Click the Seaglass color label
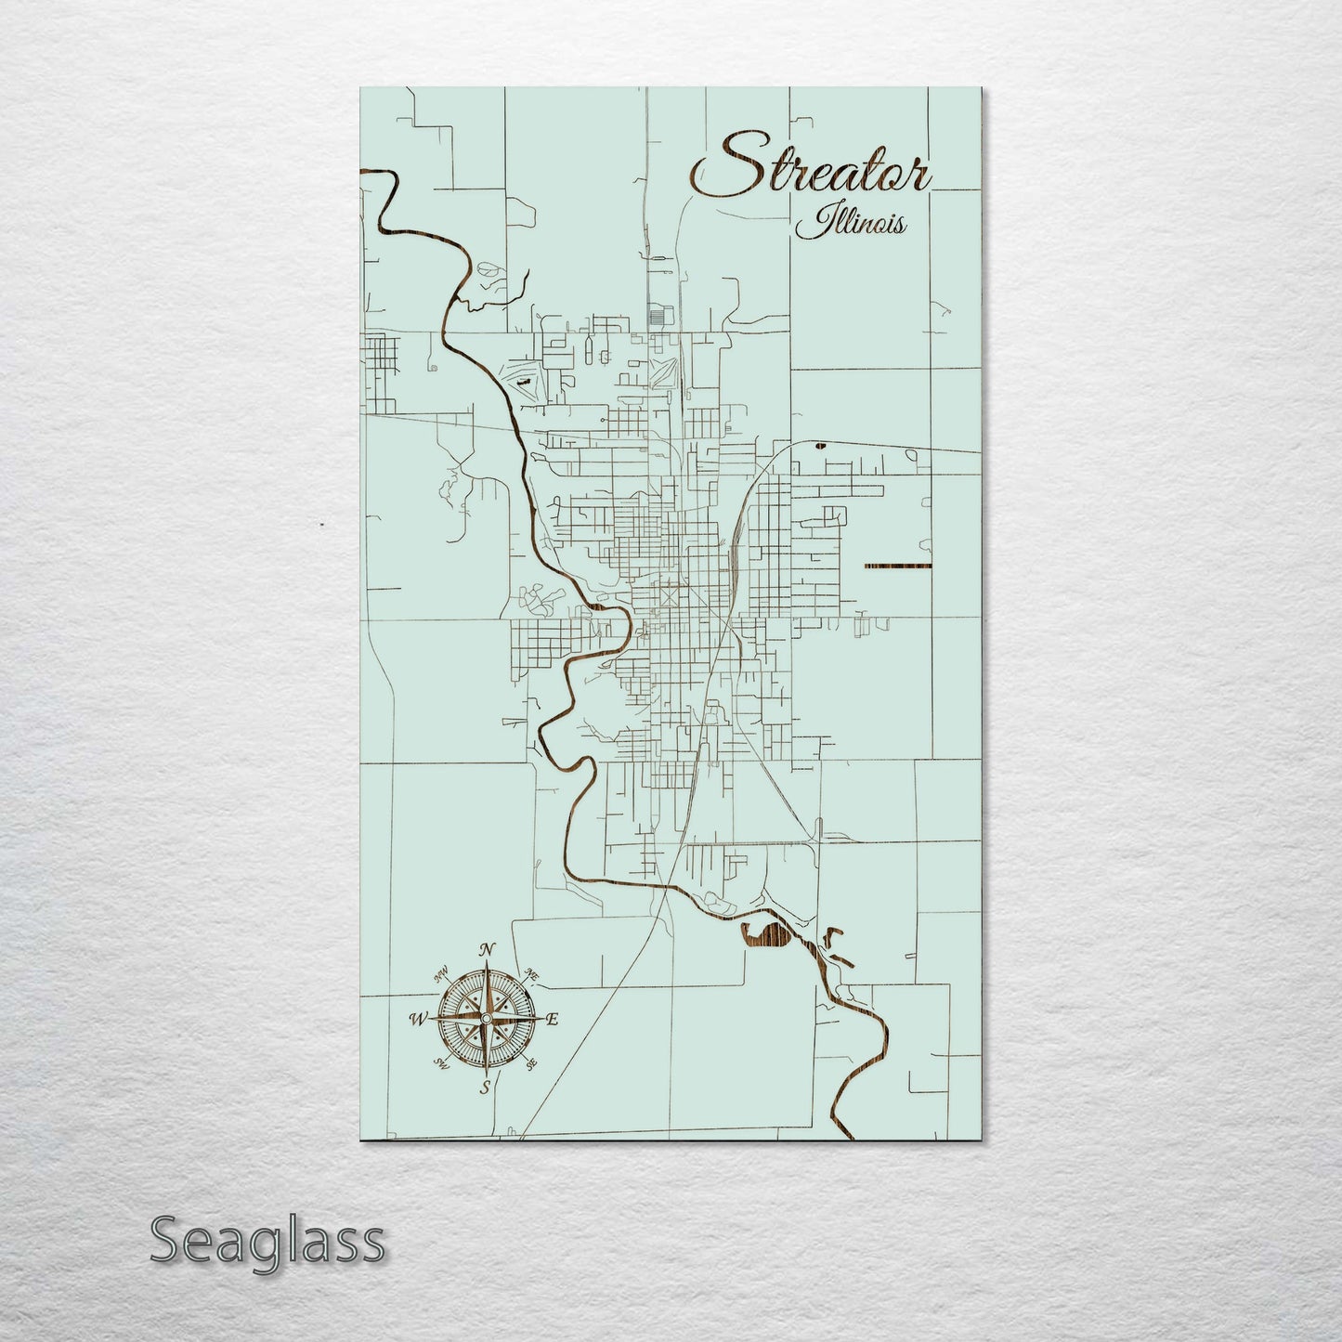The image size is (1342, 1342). (x=267, y=1240)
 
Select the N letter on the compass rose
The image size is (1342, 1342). (x=485, y=949)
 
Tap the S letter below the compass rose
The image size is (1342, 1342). (x=484, y=1088)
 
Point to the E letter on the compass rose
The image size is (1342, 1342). (x=552, y=1019)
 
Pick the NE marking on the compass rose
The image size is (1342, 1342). (x=533, y=973)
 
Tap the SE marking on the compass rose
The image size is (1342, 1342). (x=531, y=1064)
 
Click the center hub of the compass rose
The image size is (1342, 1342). (x=484, y=1019)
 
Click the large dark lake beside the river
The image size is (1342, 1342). (x=769, y=938)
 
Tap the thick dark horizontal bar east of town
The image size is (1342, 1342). (x=897, y=566)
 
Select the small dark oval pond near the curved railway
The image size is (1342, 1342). (x=819, y=446)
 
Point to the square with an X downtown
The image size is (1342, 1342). (x=670, y=595)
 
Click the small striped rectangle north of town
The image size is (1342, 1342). (x=658, y=316)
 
